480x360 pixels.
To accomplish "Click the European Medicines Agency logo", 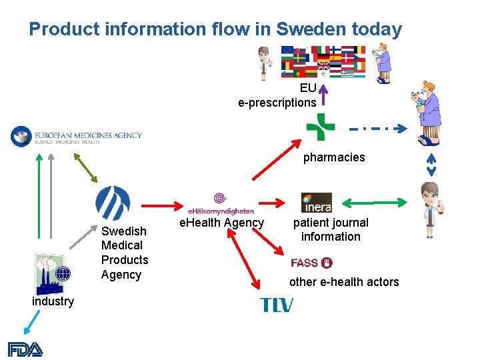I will click(77, 136).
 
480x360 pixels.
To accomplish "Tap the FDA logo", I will click(25, 349).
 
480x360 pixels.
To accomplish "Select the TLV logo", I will click(277, 305).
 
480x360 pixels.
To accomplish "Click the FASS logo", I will click(311, 263).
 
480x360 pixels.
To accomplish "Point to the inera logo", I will click(316, 202).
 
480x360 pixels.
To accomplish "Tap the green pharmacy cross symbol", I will click(321, 127).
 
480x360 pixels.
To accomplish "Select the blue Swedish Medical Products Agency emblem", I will click(113, 203).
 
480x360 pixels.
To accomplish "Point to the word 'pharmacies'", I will click(334, 157).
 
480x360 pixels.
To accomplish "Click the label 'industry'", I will click(53, 301).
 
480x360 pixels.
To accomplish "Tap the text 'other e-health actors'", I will click(344, 282).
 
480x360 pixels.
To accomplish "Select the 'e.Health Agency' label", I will click(222, 223).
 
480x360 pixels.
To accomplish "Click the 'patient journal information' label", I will click(331, 229).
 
